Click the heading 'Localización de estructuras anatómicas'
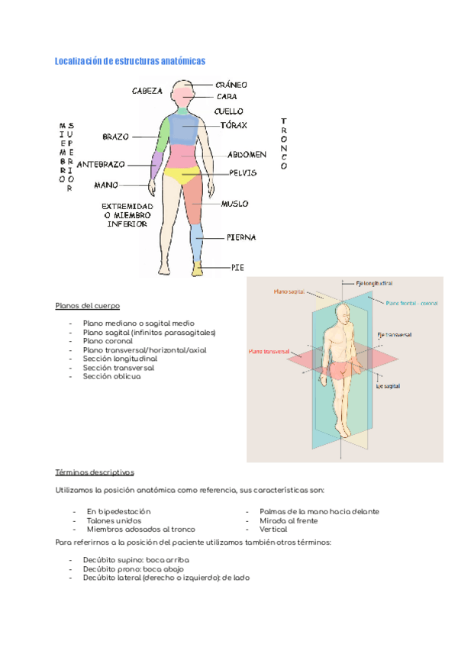click(131, 61)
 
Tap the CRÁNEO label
click(231, 85)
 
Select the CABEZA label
click(147, 91)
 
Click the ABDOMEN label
click(247, 154)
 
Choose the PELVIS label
click(243, 172)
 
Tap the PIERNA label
click(240, 237)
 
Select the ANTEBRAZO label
click(102, 164)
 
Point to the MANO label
click(106, 185)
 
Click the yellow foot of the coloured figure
click(198, 269)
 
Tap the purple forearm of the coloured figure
click(156, 164)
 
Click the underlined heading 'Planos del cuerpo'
click(87, 306)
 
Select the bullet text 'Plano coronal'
click(110, 341)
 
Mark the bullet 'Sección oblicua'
click(112, 376)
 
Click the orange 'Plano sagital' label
click(290, 291)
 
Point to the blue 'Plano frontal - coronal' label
click(412, 303)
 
